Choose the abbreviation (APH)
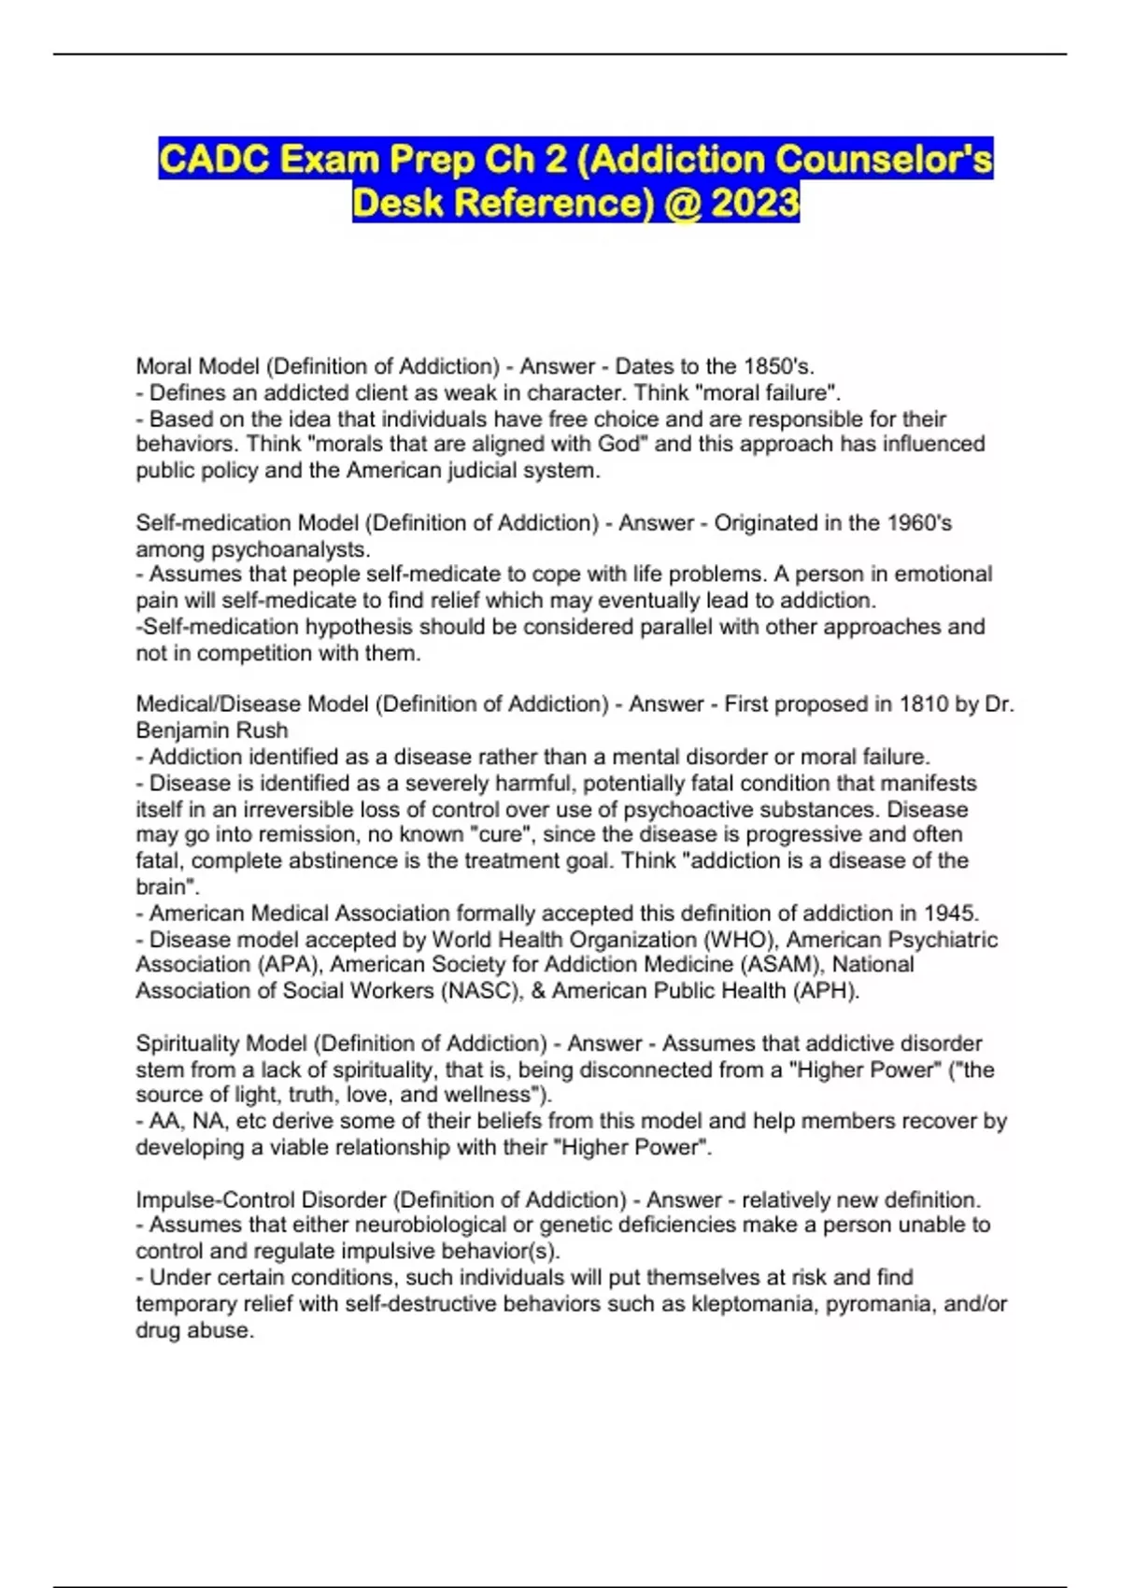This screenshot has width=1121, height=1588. click(x=825, y=990)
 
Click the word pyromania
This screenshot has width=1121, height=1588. click(x=881, y=1303)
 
